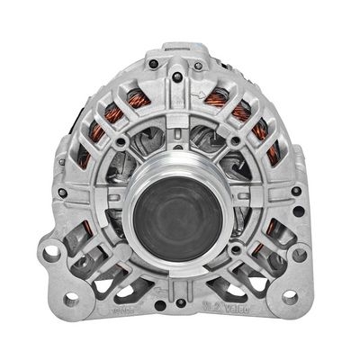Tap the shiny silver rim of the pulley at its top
180,155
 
